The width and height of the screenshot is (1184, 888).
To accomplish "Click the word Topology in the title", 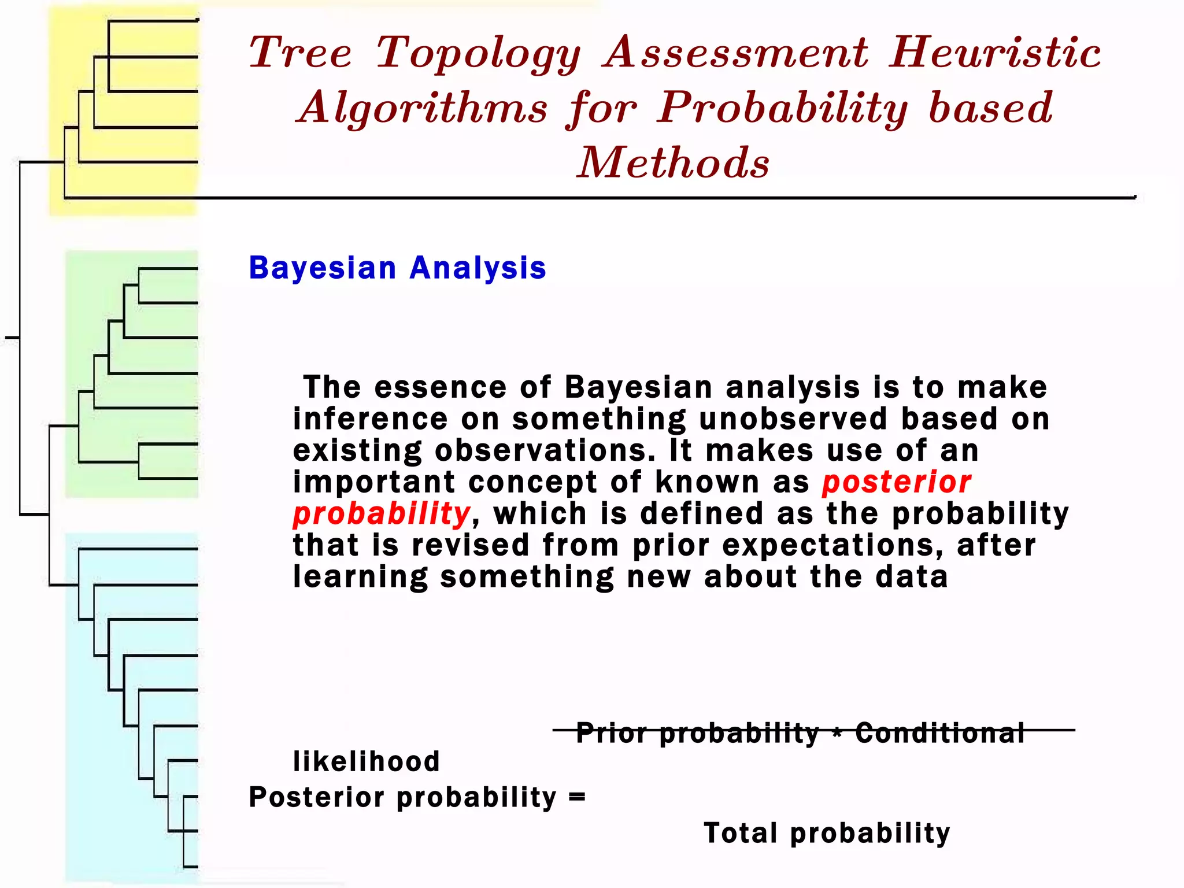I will [479, 53].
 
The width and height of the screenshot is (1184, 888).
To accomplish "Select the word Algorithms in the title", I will [422, 109].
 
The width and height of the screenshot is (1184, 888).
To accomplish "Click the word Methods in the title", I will [674, 162].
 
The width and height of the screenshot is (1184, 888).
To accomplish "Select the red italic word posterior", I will [897, 482].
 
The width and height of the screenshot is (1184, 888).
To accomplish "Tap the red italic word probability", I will [382, 514].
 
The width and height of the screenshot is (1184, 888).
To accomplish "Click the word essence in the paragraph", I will [441, 387].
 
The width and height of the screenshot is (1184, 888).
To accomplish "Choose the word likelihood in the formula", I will [367, 761].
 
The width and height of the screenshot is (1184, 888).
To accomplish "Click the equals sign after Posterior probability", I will [577, 797].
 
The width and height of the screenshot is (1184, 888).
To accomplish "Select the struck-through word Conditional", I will [939, 732].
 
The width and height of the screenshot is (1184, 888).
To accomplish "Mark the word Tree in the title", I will [301, 53].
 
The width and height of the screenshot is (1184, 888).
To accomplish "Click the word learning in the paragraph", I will [360, 577].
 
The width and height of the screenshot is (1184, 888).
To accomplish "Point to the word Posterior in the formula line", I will [316, 797].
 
